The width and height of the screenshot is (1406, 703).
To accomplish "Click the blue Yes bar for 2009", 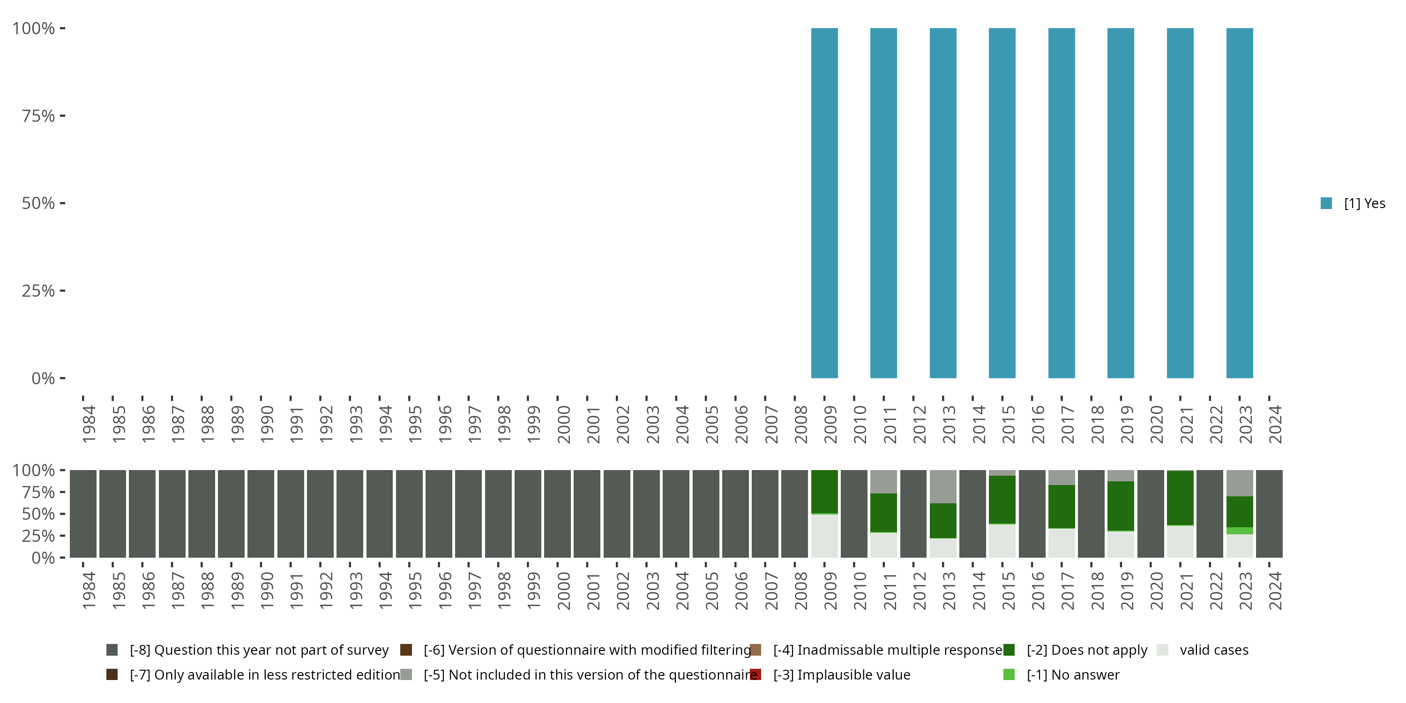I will click(x=824, y=203).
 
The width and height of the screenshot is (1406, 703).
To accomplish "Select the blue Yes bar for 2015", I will click(x=1002, y=203).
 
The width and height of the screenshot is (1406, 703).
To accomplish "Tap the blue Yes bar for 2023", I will click(x=1240, y=203).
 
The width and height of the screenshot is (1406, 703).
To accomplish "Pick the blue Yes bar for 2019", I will click(x=1121, y=203).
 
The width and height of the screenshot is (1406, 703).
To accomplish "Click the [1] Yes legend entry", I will click(x=1352, y=203).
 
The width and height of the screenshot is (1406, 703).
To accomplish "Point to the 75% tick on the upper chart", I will click(x=38, y=116).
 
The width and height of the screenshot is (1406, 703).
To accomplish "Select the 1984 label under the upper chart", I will click(x=89, y=424).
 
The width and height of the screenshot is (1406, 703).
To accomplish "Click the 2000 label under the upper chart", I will click(x=563, y=424).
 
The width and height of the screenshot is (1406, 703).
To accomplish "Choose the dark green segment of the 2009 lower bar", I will click(x=824, y=491).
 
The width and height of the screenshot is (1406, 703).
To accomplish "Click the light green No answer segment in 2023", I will click(x=1240, y=531).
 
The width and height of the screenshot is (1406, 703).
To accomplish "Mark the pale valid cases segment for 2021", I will click(x=1180, y=541).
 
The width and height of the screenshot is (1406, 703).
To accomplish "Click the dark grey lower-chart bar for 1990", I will click(x=261, y=514).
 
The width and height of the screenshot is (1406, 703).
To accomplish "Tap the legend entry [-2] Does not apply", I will click(x=1075, y=650).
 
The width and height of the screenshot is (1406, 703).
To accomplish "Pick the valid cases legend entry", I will click(x=1203, y=650).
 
